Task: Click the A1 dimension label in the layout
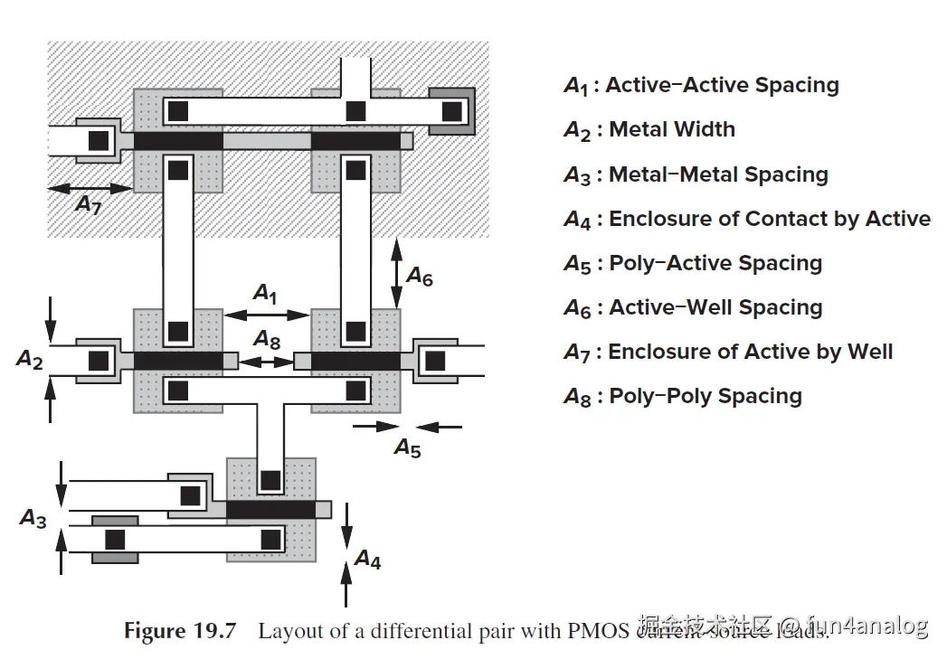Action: [x=265, y=294]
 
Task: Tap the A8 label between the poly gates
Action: [x=267, y=340]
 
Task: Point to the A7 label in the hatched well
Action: [x=88, y=205]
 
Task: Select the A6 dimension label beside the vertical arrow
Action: [x=419, y=276]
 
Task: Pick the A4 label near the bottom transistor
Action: [x=367, y=560]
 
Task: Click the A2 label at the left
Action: [x=30, y=360]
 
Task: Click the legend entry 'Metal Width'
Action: [x=672, y=129]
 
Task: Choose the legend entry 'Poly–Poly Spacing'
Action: [x=706, y=396]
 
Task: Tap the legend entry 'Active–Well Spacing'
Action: [x=715, y=307]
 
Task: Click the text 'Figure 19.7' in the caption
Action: [x=179, y=630]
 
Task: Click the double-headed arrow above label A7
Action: [x=90, y=188]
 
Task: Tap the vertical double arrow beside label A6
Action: [x=396, y=272]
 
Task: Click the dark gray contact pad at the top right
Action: [x=451, y=111]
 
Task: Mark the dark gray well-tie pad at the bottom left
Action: [x=115, y=540]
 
